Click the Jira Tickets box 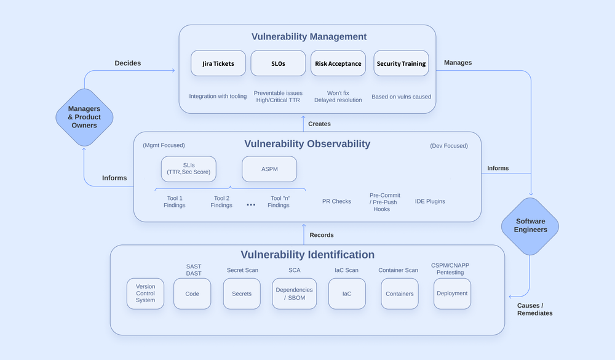(x=218, y=63)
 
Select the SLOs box (x=278, y=63)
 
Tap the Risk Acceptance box (x=338, y=63)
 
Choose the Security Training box (x=401, y=63)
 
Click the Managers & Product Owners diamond (x=84, y=117)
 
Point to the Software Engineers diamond (x=530, y=226)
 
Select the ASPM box (x=269, y=169)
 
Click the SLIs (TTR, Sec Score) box (x=188, y=169)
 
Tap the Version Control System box (x=146, y=294)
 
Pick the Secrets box (x=242, y=294)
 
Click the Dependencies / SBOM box (x=294, y=294)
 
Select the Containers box (x=400, y=294)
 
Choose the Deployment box (x=452, y=294)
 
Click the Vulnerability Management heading (x=309, y=36)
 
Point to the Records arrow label (x=322, y=235)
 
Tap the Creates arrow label (x=319, y=124)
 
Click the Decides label (x=128, y=63)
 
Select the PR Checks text (x=336, y=201)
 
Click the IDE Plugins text (x=430, y=201)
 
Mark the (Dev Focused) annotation (x=449, y=146)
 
